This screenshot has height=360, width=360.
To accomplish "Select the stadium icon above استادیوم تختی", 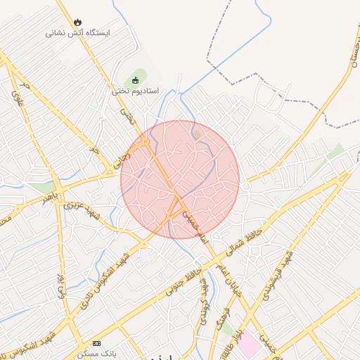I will tap(136, 80).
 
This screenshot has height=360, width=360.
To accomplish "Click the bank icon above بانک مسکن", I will tap(96, 343).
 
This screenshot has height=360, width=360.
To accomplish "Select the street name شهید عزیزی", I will tap(82, 209).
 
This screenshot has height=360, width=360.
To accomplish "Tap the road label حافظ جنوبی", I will tap(179, 280).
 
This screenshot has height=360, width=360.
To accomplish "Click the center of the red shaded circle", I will tap(180, 179).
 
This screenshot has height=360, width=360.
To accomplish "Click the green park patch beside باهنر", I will tap(46, 188).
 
